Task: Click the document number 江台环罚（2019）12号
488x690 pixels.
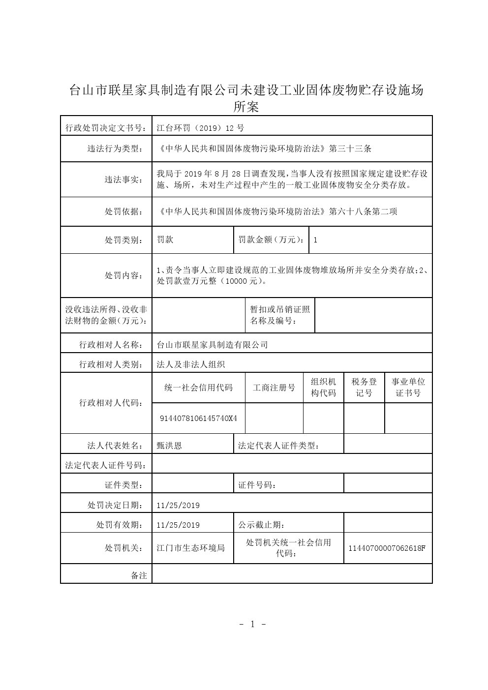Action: pyautogui.click(x=200, y=128)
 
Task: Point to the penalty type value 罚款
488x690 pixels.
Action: pyautogui.click(x=165, y=240)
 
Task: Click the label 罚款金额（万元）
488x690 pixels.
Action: pyautogui.click(x=271, y=240)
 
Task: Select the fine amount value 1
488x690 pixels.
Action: pyautogui.click(x=315, y=240)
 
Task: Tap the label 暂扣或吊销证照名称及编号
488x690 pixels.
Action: pyautogui.click(x=280, y=315)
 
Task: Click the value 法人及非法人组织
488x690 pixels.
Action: pyautogui.click(x=190, y=364)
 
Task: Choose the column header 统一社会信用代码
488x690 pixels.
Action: pyautogui.click(x=198, y=388)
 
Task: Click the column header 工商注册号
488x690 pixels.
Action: pyautogui.click(x=274, y=388)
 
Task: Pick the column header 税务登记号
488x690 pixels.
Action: pyautogui.click(x=364, y=388)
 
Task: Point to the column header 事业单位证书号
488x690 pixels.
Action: pyautogui.click(x=408, y=388)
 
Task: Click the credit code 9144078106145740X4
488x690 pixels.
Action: pyautogui.click(x=198, y=419)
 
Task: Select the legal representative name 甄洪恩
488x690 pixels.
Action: pyautogui.click(x=169, y=446)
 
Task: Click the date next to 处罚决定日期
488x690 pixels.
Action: pyautogui.click(x=178, y=505)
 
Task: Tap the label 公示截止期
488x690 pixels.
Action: pyautogui.click(x=261, y=525)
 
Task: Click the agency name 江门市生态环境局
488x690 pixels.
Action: pyautogui.click(x=190, y=548)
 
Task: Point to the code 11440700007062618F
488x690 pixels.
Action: pyautogui.click(x=387, y=548)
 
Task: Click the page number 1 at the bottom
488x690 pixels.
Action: pyautogui.click(x=252, y=625)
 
